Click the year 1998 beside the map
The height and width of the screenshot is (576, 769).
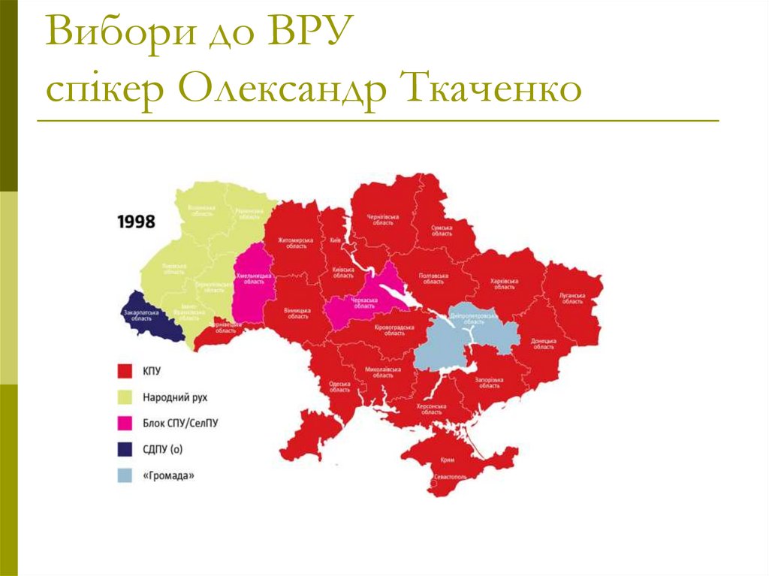tap(136, 222)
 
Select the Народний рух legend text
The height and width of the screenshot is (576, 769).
tap(175, 397)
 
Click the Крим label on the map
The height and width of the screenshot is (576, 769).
tap(448, 460)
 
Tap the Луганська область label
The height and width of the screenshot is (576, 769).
tap(571, 299)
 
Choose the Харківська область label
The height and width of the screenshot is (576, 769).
tap(504, 284)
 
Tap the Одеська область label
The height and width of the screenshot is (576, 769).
tap(339, 386)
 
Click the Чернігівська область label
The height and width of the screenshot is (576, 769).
tap(382, 219)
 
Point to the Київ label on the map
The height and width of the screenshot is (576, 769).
tap(335, 240)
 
